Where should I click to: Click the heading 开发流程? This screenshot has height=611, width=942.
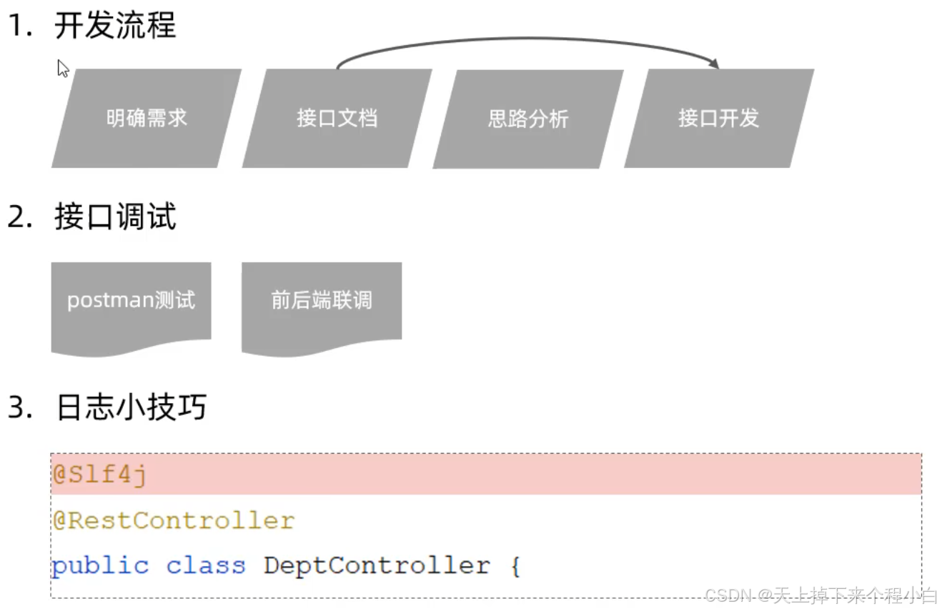tap(114, 26)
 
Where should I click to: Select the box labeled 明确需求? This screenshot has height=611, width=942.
tap(147, 119)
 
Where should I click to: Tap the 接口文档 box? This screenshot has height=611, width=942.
tap(337, 119)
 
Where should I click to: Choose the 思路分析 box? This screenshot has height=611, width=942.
tap(528, 119)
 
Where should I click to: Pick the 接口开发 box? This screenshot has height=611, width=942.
tap(718, 119)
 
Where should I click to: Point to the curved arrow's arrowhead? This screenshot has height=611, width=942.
tap(713, 64)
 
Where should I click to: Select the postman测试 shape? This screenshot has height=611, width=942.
tap(131, 301)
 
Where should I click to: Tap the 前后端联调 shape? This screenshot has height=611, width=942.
tap(322, 301)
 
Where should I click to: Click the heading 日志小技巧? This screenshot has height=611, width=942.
tap(130, 407)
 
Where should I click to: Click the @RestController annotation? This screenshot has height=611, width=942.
tap(173, 520)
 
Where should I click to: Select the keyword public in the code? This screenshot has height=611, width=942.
tap(100, 566)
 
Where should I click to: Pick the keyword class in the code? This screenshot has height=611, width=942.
tap(206, 566)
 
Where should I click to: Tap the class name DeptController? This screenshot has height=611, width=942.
tap(377, 566)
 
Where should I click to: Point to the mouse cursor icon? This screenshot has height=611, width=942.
tap(63, 69)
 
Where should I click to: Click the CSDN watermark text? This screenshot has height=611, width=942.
tap(820, 595)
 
